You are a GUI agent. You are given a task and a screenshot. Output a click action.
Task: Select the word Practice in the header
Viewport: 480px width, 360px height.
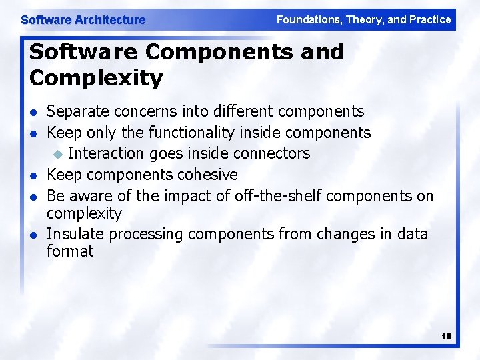tap(430, 20)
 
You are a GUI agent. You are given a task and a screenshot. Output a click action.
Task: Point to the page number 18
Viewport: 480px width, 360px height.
tap(446, 337)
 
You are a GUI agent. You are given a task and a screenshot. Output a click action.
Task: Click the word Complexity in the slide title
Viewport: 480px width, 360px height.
tap(96, 78)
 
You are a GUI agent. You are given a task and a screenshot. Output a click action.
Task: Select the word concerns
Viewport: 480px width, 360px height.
tap(140, 111)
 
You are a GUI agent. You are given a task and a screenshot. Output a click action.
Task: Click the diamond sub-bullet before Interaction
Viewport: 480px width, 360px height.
tap(58, 154)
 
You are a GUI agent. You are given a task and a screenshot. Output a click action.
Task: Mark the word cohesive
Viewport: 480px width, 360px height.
tap(206, 175)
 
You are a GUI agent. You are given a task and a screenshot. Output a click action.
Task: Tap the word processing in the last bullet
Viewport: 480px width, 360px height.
tap(146, 234)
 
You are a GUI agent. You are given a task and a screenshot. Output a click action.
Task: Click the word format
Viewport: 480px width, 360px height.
tap(70, 251)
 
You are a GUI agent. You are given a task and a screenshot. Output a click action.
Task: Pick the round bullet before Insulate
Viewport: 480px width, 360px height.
tap(33, 235)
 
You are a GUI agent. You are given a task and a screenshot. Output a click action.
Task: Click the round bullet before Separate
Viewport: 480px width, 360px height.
tap(33, 112)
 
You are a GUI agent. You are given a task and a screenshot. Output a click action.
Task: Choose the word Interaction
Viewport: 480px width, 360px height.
tap(106, 153)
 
